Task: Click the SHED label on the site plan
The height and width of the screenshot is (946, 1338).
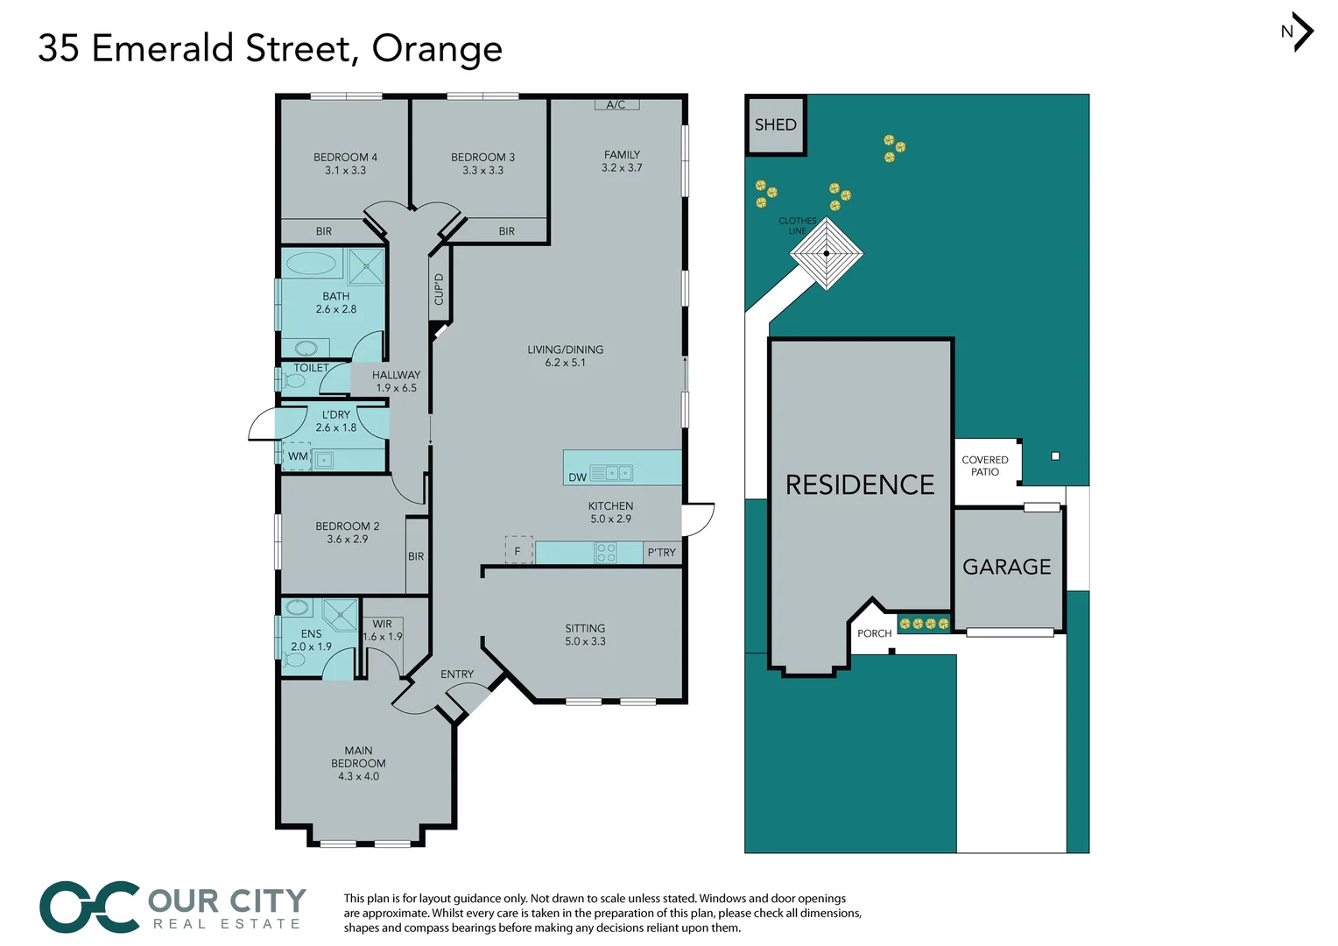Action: coord(776,125)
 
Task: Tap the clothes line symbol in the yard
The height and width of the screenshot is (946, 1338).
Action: coord(826,253)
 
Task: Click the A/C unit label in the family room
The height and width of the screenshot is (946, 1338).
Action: coord(616,104)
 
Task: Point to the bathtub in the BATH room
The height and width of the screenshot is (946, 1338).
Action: coord(311,263)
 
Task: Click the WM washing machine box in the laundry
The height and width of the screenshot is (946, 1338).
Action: coord(298,456)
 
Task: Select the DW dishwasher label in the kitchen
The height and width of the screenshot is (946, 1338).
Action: coord(577,477)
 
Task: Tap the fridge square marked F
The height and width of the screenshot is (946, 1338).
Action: coord(518,550)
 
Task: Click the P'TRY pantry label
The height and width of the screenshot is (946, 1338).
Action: coord(662,553)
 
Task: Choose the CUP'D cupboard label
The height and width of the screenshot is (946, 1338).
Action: coord(439,289)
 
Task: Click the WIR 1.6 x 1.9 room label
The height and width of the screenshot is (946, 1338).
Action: coord(383,631)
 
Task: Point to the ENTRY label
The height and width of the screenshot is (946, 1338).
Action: coord(457,674)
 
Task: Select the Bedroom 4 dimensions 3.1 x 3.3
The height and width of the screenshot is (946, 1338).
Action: coord(346,171)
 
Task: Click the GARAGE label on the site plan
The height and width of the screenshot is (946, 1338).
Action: coord(1007,568)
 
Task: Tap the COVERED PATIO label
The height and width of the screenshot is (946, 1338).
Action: coord(985,466)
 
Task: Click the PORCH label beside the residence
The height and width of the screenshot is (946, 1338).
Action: coord(875,633)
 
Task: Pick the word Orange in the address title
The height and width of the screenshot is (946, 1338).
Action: coord(437,49)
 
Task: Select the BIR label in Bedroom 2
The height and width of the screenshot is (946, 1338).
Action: coord(416,556)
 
